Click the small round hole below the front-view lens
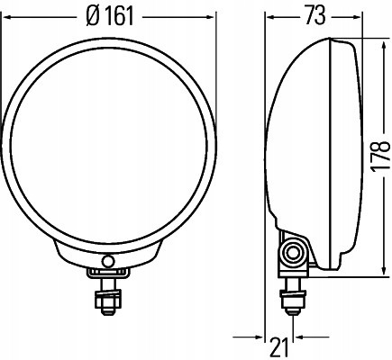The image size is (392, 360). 108,260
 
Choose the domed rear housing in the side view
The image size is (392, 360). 288,144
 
